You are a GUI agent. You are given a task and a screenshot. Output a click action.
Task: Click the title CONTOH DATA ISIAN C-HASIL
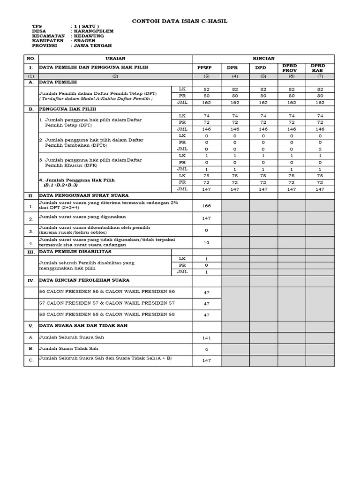pos(180,21)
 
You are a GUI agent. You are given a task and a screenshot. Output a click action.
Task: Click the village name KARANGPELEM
pos(93,31)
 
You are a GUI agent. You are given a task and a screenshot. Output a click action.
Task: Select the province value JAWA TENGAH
pos(93,45)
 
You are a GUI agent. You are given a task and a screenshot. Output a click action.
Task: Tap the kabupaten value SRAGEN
pos(86,41)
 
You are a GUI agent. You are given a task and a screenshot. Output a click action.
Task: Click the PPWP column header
pos(206,67)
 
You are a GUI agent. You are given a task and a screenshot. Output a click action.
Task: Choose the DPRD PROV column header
pos(291,67)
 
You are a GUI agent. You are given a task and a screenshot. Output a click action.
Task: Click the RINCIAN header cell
pos(263,59)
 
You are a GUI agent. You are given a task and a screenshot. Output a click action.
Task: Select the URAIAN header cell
pos(115,59)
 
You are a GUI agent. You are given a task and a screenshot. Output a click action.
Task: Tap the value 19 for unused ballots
pos(206,243)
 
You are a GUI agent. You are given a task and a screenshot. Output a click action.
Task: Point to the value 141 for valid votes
pos(206,337)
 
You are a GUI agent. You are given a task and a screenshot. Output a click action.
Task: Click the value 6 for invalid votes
pos(206,349)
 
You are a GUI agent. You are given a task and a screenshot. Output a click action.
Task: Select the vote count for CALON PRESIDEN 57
pos(206,304)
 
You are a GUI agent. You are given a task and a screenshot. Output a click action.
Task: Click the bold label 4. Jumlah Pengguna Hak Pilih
pos(77,180)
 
